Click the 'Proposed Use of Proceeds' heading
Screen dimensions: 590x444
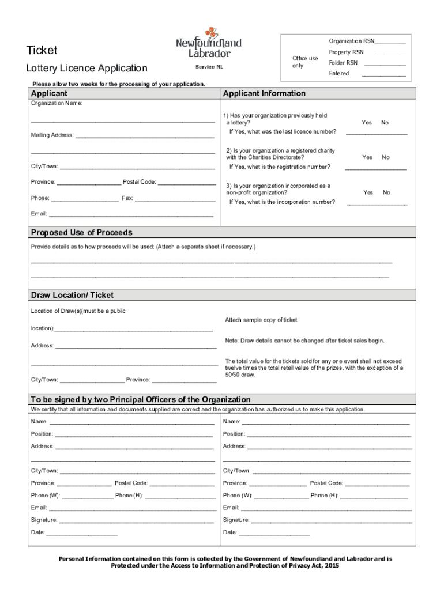pyautogui.click(x=81, y=232)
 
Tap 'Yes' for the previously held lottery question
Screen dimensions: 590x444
pyautogui.click(x=367, y=123)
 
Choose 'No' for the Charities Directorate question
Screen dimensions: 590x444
pyautogui.click(x=386, y=157)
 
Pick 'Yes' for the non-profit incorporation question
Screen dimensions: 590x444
pyautogui.click(x=368, y=192)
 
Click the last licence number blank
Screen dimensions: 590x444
pyautogui.click(x=376, y=133)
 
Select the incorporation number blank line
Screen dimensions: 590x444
pyautogui.click(x=376, y=203)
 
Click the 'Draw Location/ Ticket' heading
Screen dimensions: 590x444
pyautogui.click(x=72, y=295)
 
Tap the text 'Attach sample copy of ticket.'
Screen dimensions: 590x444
pyautogui.click(x=262, y=320)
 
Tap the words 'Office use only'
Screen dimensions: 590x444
pyautogui.click(x=304, y=62)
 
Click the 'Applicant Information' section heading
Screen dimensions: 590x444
pyautogui.click(x=264, y=93)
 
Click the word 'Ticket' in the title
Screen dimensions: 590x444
pyautogui.click(x=42, y=51)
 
